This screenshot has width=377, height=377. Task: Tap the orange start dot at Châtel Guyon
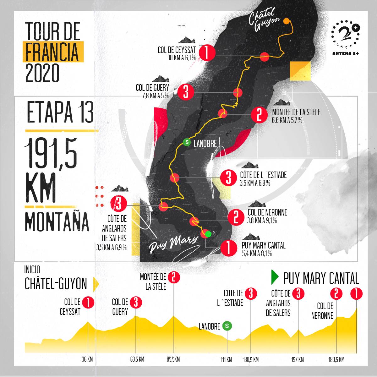287,21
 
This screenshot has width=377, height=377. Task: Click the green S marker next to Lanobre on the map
187,142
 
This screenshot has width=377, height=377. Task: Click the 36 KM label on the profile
87,359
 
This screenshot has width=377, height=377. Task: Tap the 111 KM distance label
226,359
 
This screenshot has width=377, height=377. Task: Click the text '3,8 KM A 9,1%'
262,221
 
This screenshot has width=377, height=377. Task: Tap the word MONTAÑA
57,222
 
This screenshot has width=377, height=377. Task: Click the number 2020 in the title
42,73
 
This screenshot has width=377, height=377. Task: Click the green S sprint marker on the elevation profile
227,326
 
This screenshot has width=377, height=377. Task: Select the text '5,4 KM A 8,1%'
257,254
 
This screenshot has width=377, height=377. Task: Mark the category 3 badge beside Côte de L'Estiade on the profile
251,294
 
